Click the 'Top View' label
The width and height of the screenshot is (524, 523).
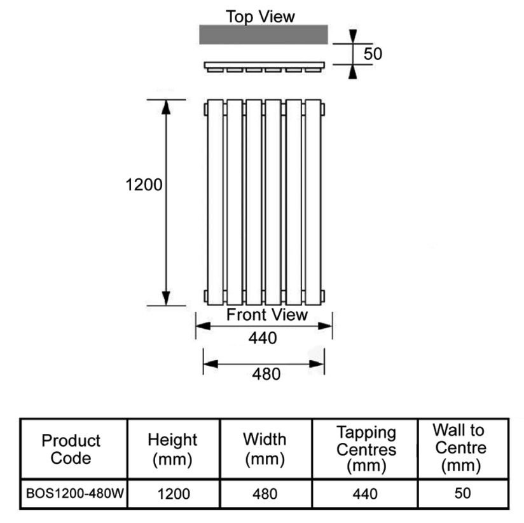[x=260, y=17]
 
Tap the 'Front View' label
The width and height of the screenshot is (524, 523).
[x=267, y=315]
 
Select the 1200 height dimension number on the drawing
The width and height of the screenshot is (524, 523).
[x=144, y=185]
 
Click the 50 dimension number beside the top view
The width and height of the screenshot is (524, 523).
[x=373, y=53]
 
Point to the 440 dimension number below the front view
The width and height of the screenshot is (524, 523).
[x=263, y=338]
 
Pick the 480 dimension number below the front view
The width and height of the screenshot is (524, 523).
[x=266, y=374]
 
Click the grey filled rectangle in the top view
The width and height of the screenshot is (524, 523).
[x=264, y=34]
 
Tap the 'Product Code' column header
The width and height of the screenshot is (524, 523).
[x=71, y=449]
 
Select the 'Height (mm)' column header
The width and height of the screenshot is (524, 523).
[x=172, y=449]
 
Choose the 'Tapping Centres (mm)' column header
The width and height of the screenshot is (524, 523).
[x=366, y=449]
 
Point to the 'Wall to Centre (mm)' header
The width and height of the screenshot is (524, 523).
[x=460, y=448]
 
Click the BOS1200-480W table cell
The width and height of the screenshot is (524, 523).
[x=75, y=494]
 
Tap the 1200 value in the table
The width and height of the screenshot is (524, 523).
[x=174, y=494]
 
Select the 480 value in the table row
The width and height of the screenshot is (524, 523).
[x=265, y=494]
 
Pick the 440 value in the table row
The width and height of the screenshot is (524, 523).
[x=365, y=494]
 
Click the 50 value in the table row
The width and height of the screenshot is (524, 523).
[x=463, y=493]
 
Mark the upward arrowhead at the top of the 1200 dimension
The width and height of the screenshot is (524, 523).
[x=166, y=107]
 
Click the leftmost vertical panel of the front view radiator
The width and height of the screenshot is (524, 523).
[x=215, y=202]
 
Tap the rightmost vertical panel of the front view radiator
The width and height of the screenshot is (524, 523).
[x=313, y=202]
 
